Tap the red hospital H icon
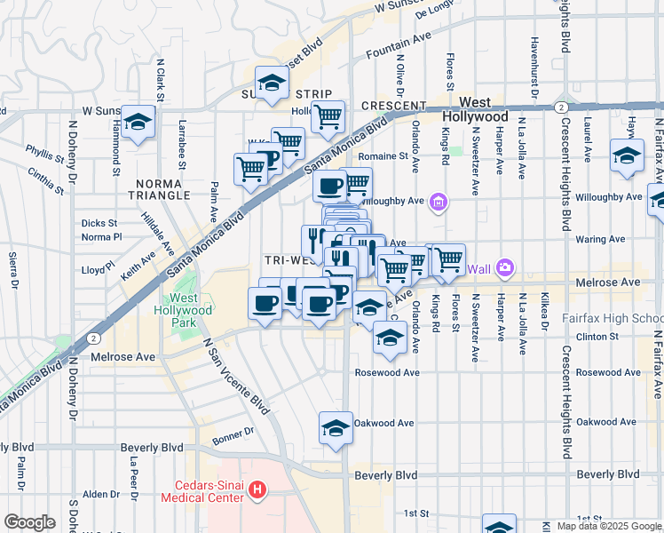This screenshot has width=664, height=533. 257,489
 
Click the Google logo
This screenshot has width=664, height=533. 29,521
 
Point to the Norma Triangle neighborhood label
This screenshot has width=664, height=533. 159,188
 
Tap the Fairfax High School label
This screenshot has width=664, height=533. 613,318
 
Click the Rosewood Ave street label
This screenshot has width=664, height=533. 386,372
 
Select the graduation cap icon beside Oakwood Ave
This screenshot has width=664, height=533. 336,429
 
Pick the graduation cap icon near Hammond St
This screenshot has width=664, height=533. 138,123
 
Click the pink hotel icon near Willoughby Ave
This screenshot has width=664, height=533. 438,203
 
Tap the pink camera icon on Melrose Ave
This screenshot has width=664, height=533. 505,266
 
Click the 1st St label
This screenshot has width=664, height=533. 415,513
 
